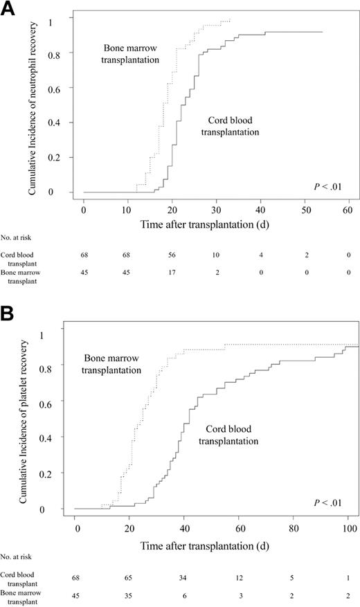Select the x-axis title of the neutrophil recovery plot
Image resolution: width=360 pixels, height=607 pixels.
[x=208, y=225]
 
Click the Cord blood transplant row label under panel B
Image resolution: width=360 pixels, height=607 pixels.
[x=21, y=579]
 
